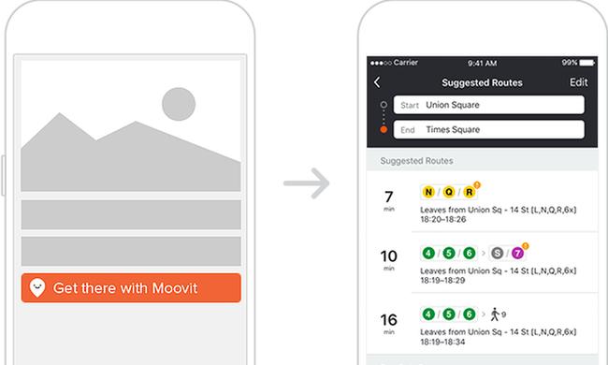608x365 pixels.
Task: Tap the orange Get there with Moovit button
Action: pos(131,288)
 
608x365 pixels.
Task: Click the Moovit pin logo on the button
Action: pos(37,288)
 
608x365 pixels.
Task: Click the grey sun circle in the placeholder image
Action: pos(179,104)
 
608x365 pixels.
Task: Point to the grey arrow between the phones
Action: pos(306,183)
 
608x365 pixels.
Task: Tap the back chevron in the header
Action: pos(377,82)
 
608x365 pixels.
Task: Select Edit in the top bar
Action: pos(578,82)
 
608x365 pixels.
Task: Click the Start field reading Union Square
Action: pos(488,105)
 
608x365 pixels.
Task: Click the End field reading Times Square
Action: pos(488,129)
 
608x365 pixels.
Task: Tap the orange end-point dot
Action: pos(384,129)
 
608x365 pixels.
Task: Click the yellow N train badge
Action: pos(428,192)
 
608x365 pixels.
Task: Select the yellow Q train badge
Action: pos(449,192)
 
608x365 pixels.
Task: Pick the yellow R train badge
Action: pos(470,192)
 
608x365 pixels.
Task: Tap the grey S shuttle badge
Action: pos(497,254)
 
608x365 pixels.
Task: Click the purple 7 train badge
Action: pos(517,254)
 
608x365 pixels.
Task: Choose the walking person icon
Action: pos(495,314)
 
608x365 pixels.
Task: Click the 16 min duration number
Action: pos(388,320)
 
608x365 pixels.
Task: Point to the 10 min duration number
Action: pos(388,256)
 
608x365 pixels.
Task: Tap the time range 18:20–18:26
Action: pos(443,220)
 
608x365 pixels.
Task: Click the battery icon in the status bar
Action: pos(587,63)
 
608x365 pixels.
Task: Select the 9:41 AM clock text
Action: pos(482,63)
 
